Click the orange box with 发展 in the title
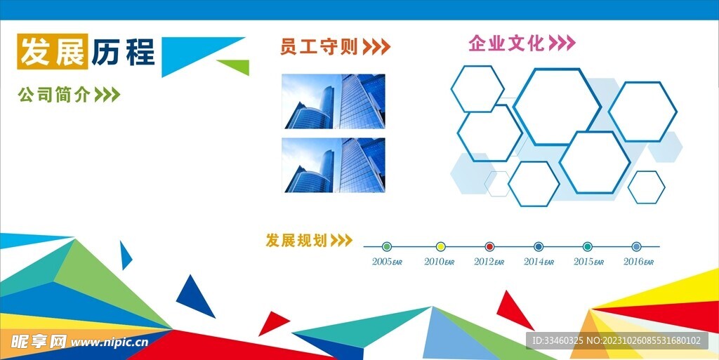point(53,51)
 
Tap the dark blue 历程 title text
point(122,52)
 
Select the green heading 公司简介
point(54,95)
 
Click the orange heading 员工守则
point(319,47)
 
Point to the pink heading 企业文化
point(506,44)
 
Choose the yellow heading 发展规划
point(296,241)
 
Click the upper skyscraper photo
point(334,102)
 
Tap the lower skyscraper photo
point(334,165)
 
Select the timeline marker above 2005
point(387,246)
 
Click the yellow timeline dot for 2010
point(441,246)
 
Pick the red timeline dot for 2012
point(489,246)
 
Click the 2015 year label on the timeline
point(588,262)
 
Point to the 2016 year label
point(638,262)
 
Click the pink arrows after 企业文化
point(562,44)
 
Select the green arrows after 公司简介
point(107,95)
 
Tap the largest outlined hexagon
point(557,106)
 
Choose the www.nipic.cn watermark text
point(110,342)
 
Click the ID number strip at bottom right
point(616,340)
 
